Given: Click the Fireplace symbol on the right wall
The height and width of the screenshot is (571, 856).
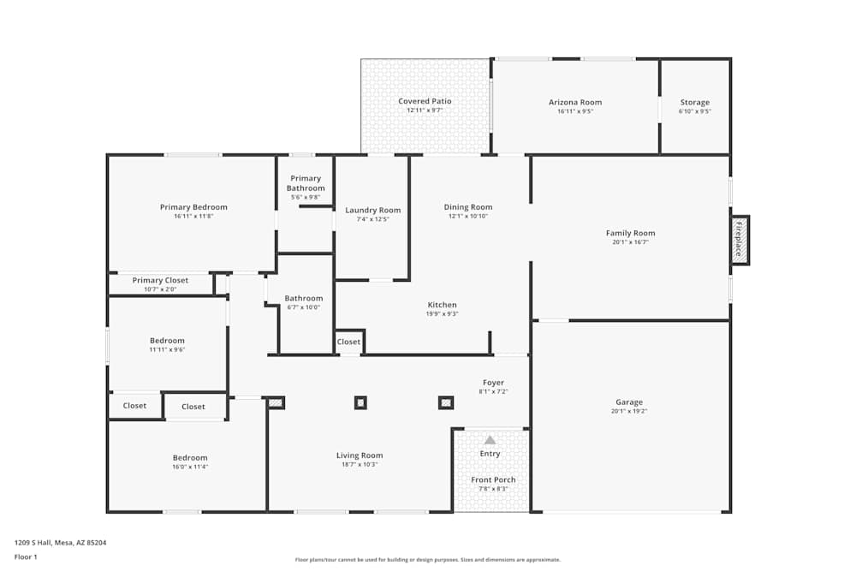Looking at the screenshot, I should point(740,240).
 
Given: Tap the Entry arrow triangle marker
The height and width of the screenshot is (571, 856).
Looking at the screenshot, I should point(490,440).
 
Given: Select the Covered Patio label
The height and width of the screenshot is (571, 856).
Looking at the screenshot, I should point(425,101).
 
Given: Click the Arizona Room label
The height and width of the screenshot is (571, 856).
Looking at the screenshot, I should point(575,102).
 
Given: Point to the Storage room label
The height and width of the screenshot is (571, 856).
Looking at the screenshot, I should point(694,102).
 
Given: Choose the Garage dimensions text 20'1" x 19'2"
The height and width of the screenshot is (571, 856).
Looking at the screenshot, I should point(628,412).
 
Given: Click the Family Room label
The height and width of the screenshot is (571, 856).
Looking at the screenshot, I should point(630,233).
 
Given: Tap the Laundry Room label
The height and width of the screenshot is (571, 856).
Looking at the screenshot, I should point(372,210).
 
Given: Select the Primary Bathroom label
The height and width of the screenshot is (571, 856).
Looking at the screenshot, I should point(306,183).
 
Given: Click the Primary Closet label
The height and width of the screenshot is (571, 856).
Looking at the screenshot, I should point(160,280).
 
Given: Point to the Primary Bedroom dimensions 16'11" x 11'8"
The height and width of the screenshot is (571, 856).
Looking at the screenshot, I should point(193,217).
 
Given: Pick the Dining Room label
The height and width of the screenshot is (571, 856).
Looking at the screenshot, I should point(468,206).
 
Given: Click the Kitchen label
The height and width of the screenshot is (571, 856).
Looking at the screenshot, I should point(443,305).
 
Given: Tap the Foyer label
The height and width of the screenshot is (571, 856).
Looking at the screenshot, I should point(493,383).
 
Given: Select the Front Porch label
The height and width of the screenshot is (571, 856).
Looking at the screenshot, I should point(493,479).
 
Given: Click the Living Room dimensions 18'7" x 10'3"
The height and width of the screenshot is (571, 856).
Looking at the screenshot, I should point(360,465).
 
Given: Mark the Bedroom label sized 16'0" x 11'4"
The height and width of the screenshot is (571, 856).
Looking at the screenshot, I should point(190,457).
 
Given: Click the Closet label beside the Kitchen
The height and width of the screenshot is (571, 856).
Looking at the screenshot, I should point(348,342).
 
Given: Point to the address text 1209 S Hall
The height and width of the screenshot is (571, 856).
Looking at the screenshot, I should point(60,542).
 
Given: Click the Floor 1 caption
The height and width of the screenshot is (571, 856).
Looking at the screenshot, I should point(26,556).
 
